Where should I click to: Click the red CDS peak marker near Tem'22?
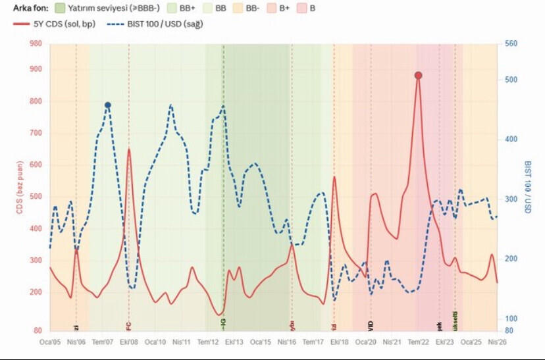(418, 76)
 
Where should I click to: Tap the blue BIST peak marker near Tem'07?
(107, 105)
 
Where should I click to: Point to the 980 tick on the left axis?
(36, 44)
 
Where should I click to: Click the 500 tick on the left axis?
(36, 196)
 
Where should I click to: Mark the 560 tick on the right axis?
(511, 44)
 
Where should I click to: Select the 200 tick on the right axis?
(511, 259)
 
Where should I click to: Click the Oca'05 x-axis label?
(50, 342)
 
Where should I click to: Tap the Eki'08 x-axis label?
(129, 342)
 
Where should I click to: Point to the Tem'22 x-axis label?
(418, 342)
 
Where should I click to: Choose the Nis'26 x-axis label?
(497, 342)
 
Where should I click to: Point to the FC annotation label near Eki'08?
(129, 324)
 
